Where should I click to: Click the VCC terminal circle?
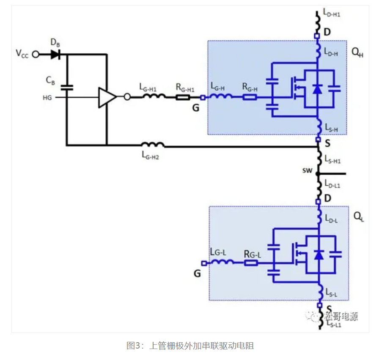pyautogui.click(x=36, y=54)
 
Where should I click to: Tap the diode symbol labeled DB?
pyautogui.click(x=55, y=54)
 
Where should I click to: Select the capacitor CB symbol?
pyautogui.click(x=67, y=88)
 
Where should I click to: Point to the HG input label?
pyautogui.click(x=47, y=98)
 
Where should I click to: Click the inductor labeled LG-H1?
pyautogui.click(x=153, y=97)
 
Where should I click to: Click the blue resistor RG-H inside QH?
pyautogui.click(x=250, y=97)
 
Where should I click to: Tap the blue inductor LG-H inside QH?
pyautogui.click(x=221, y=97)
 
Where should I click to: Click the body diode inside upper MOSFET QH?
pyautogui.click(x=317, y=89)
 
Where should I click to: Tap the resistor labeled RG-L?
pyautogui.click(x=251, y=263)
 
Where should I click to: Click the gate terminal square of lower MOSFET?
pyautogui.click(x=204, y=263)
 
